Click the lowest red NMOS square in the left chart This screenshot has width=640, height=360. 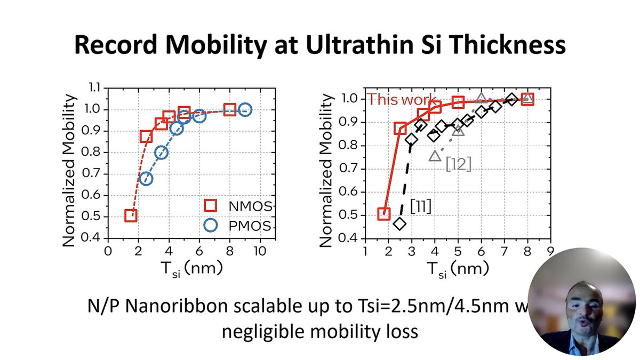[x=131, y=215]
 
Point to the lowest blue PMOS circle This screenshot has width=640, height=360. [x=146, y=178]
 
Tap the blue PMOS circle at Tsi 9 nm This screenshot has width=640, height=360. [x=245, y=109]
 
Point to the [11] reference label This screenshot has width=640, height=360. [x=420, y=205]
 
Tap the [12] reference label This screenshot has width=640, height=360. [x=459, y=164]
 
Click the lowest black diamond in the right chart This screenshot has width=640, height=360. [x=399, y=223]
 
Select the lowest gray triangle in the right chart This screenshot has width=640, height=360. [x=435, y=156]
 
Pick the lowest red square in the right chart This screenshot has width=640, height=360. [x=384, y=214]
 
